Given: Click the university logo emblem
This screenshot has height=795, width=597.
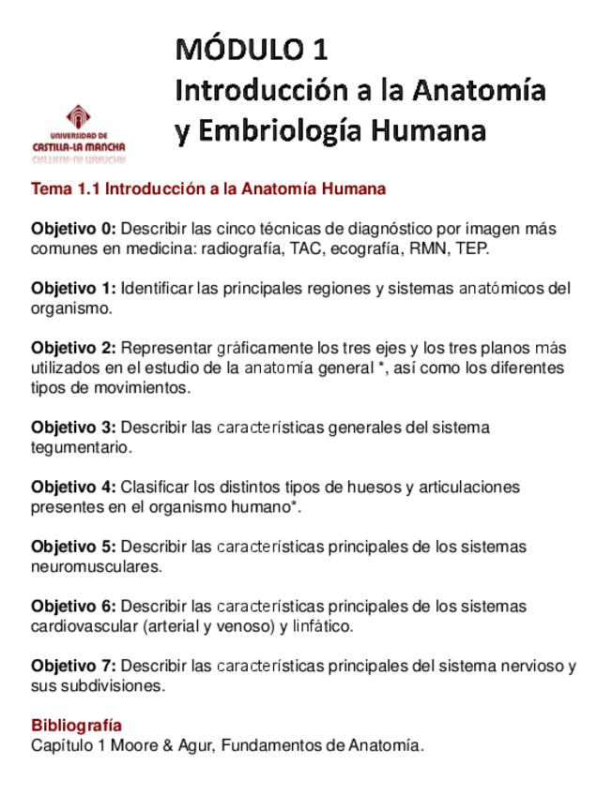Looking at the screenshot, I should (79, 117).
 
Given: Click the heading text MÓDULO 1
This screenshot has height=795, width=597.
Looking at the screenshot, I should (252, 49).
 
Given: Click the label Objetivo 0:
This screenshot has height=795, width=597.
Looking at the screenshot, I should (74, 229).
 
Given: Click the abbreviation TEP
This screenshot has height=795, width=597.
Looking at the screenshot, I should (470, 248).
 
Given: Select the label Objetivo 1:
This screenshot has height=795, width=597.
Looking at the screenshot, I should (74, 288).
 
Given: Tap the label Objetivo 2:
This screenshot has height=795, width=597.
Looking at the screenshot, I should (74, 348).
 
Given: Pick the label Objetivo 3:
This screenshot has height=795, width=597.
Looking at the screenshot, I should (74, 427).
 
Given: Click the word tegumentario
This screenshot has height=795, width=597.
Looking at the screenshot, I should (80, 447).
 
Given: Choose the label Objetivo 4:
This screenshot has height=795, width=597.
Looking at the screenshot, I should (74, 487).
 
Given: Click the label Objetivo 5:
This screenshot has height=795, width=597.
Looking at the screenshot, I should (74, 547).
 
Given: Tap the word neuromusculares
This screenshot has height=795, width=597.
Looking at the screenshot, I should (96, 566).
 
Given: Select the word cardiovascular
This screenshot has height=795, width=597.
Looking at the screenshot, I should (79, 626).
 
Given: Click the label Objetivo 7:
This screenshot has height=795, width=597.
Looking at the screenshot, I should (74, 666).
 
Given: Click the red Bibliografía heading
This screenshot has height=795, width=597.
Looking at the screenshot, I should (76, 726).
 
